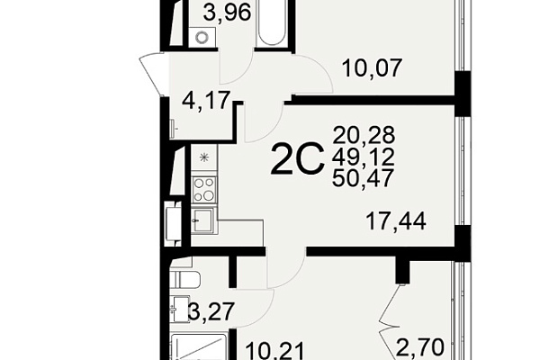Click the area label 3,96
click(x=226, y=13)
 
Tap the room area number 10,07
click(x=372, y=68)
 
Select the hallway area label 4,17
click(x=206, y=101)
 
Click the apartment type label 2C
click(x=298, y=158)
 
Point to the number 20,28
click(x=364, y=135)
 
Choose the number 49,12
click(x=364, y=157)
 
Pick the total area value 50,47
click(x=363, y=178)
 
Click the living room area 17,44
click(x=396, y=221)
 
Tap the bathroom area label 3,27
click(x=211, y=311)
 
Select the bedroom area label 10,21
click(x=274, y=351)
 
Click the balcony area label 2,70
click(x=419, y=347)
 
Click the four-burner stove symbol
click(x=204, y=189)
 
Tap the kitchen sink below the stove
click(x=203, y=220)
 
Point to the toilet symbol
click(x=184, y=279)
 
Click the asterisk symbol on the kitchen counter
click(x=204, y=158)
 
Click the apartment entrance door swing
click(x=153, y=74)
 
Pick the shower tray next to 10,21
click(x=199, y=346)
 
